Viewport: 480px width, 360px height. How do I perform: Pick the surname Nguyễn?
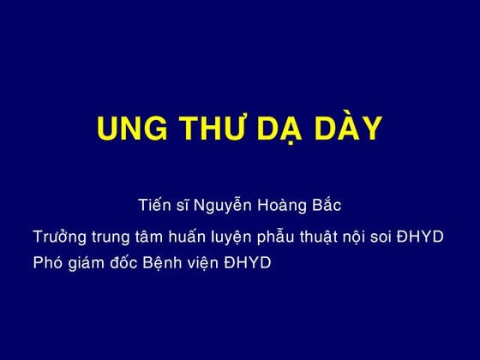tap(222, 207)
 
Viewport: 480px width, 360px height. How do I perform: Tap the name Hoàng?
tap(284, 207)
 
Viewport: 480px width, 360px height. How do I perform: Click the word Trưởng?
tap(59, 237)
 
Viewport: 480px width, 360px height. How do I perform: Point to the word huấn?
tap(194, 237)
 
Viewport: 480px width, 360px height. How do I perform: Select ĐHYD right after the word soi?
tap(426, 236)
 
